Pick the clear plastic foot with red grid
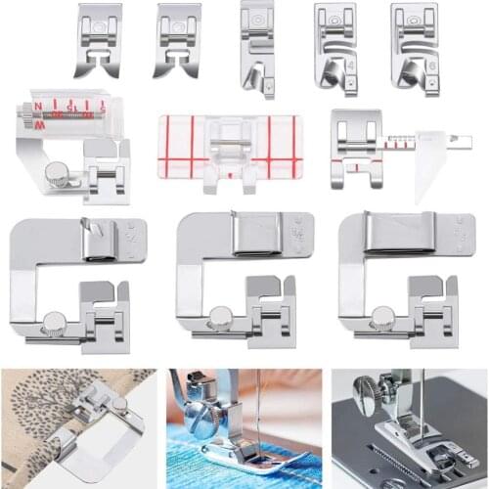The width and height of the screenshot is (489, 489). pos(230,148)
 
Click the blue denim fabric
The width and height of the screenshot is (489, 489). pos(210,465)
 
